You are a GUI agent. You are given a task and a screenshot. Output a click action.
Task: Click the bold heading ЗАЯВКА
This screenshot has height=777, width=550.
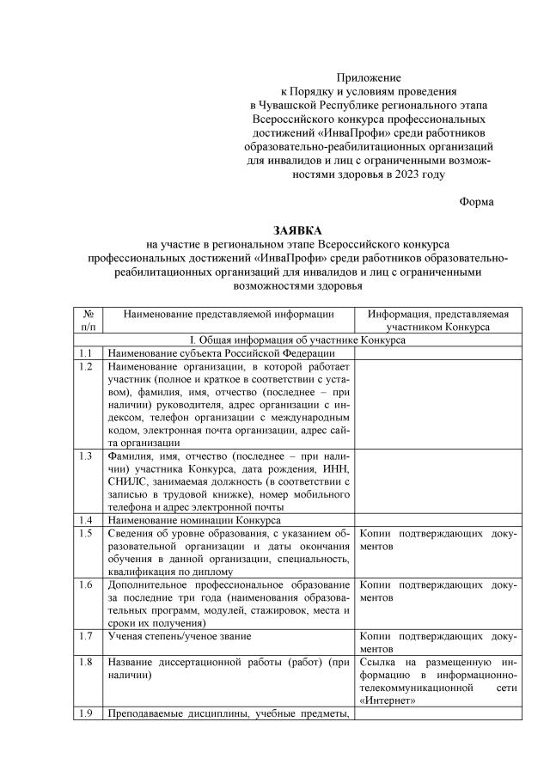(x=296, y=230)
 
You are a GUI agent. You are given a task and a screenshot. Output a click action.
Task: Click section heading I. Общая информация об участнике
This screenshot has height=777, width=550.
(x=296, y=340)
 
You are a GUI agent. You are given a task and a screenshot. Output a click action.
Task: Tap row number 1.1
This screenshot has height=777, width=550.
(x=84, y=353)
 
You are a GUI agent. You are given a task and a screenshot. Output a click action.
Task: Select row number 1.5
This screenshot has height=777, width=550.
(x=84, y=534)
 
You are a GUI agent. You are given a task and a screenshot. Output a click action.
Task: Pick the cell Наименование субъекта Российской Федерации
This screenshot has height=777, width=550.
(x=219, y=353)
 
